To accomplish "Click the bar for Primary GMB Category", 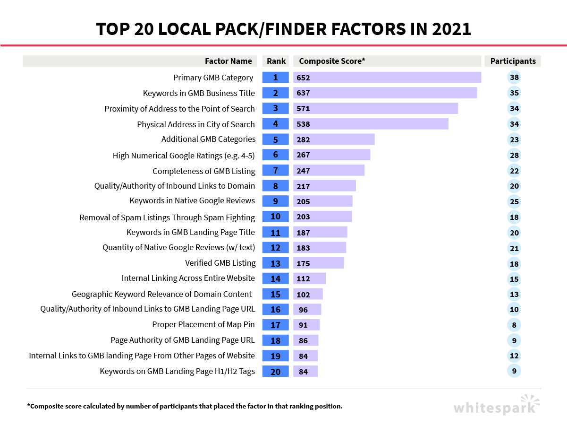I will [x=387, y=78].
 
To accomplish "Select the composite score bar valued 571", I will [x=376, y=109].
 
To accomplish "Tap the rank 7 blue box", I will [x=275, y=171].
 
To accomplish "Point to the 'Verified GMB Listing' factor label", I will [x=220, y=263].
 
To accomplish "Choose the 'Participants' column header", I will [x=513, y=61].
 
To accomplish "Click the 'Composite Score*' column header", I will [x=332, y=61].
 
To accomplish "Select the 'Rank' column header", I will [x=276, y=61].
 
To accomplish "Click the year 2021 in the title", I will [x=450, y=29].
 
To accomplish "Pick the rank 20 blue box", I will [x=275, y=372].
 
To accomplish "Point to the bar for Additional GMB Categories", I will [x=334, y=139].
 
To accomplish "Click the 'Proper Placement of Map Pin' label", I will [x=203, y=324].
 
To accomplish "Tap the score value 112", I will [x=303, y=279].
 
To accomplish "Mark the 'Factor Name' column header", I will [x=228, y=61].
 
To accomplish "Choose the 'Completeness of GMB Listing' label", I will [x=203, y=171].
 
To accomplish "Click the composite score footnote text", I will [x=185, y=406].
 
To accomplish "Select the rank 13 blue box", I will [x=275, y=263].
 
